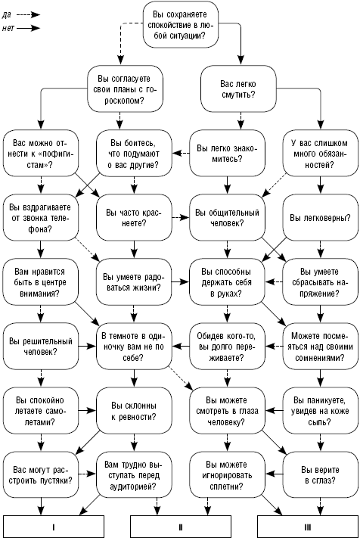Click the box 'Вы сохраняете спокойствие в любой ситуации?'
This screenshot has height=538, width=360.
[180, 25]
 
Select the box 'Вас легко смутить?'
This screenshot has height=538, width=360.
[238, 89]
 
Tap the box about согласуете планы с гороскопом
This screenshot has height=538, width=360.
[125, 89]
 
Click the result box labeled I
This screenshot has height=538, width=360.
[54, 527]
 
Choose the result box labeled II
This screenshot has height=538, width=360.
[181, 527]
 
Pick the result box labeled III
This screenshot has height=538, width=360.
[308, 527]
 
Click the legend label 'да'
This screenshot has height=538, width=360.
[7, 14]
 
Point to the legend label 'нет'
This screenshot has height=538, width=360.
[8, 28]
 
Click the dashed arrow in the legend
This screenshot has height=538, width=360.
[29, 14]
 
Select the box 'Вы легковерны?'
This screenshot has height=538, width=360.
[320, 217]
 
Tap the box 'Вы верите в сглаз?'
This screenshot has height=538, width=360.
[320, 475]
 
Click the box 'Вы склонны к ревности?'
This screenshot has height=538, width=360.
[134, 411]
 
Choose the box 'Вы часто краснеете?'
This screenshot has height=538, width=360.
[134, 217]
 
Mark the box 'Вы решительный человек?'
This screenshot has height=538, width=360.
[41, 347]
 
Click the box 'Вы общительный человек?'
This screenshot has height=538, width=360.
[227, 217]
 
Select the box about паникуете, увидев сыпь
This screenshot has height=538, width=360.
[320, 411]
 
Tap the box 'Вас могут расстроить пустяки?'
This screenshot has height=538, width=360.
[41, 475]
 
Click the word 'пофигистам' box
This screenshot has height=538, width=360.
[41, 154]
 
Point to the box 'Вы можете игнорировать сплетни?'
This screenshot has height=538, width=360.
[227, 475]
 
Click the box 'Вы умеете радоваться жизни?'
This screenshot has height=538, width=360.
[134, 282]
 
